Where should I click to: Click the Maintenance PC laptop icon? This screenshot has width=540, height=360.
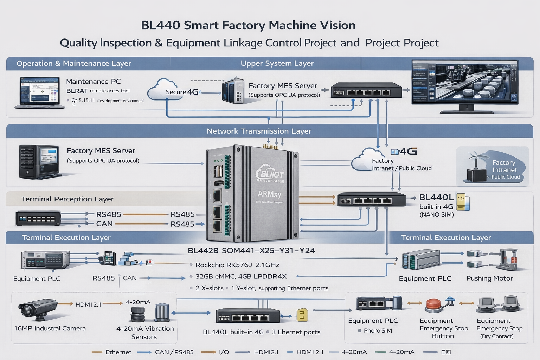tap(39, 92)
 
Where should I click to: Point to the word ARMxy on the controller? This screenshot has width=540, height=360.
tap(269, 194)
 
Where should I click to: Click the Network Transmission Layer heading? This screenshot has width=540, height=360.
tap(259, 131)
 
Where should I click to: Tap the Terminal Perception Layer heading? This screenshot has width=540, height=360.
tap(67, 199)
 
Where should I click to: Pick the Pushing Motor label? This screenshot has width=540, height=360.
tap(489, 278)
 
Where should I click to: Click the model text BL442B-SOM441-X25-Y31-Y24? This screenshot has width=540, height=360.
tap(251, 250)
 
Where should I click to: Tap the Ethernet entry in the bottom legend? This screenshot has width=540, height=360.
tap(118, 352)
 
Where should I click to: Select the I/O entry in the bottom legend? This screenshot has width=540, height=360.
tap(224, 352)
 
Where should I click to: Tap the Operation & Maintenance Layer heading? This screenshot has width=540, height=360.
tap(74, 63)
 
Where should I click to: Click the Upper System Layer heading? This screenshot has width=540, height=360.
tap(277, 63)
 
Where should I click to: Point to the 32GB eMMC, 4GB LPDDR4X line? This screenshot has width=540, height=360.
tap(241, 276)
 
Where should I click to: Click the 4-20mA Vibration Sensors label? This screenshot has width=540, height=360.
tap(145, 333)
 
